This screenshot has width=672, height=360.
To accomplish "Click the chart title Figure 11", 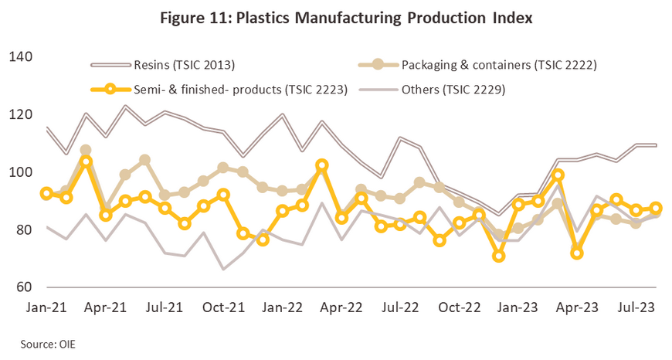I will [x=335, y=18].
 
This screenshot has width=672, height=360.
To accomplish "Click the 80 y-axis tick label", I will [x=22, y=230].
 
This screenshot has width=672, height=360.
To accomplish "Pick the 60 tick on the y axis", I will [x=22, y=287].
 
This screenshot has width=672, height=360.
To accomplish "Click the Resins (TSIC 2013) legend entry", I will [x=182, y=65].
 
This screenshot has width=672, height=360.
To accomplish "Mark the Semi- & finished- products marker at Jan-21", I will [x=48, y=193].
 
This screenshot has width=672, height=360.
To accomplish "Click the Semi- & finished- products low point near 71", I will [x=500, y=256].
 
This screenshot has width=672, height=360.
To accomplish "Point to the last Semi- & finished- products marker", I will [x=656, y=208].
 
